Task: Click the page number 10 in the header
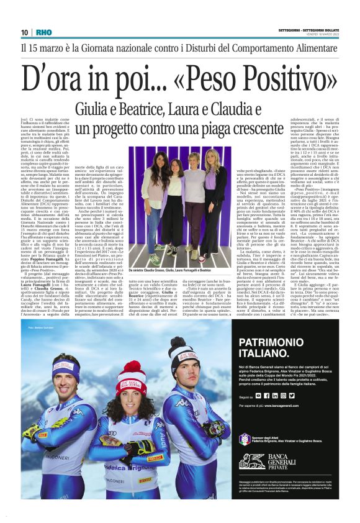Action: [25, 32]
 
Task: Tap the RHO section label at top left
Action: [44, 32]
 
